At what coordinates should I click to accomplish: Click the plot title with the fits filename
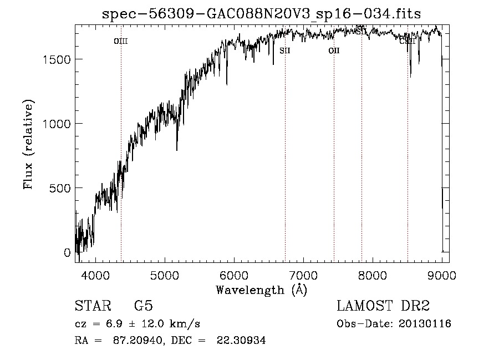click(x=262, y=14)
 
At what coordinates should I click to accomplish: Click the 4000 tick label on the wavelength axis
click(x=95, y=275)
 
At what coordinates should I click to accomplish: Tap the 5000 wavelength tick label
click(x=165, y=275)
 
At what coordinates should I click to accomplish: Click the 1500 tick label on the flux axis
click(x=57, y=59)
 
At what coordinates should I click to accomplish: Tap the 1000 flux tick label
click(x=57, y=124)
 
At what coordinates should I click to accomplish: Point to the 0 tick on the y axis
click(x=67, y=252)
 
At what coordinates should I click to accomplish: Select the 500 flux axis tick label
click(x=60, y=188)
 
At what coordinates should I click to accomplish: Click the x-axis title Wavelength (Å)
click(x=261, y=290)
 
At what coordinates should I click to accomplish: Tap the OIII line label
click(x=121, y=41)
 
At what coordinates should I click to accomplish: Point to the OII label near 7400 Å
click(x=334, y=50)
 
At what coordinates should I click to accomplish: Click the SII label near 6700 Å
click(x=285, y=50)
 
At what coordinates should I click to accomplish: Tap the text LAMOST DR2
click(x=383, y=306)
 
